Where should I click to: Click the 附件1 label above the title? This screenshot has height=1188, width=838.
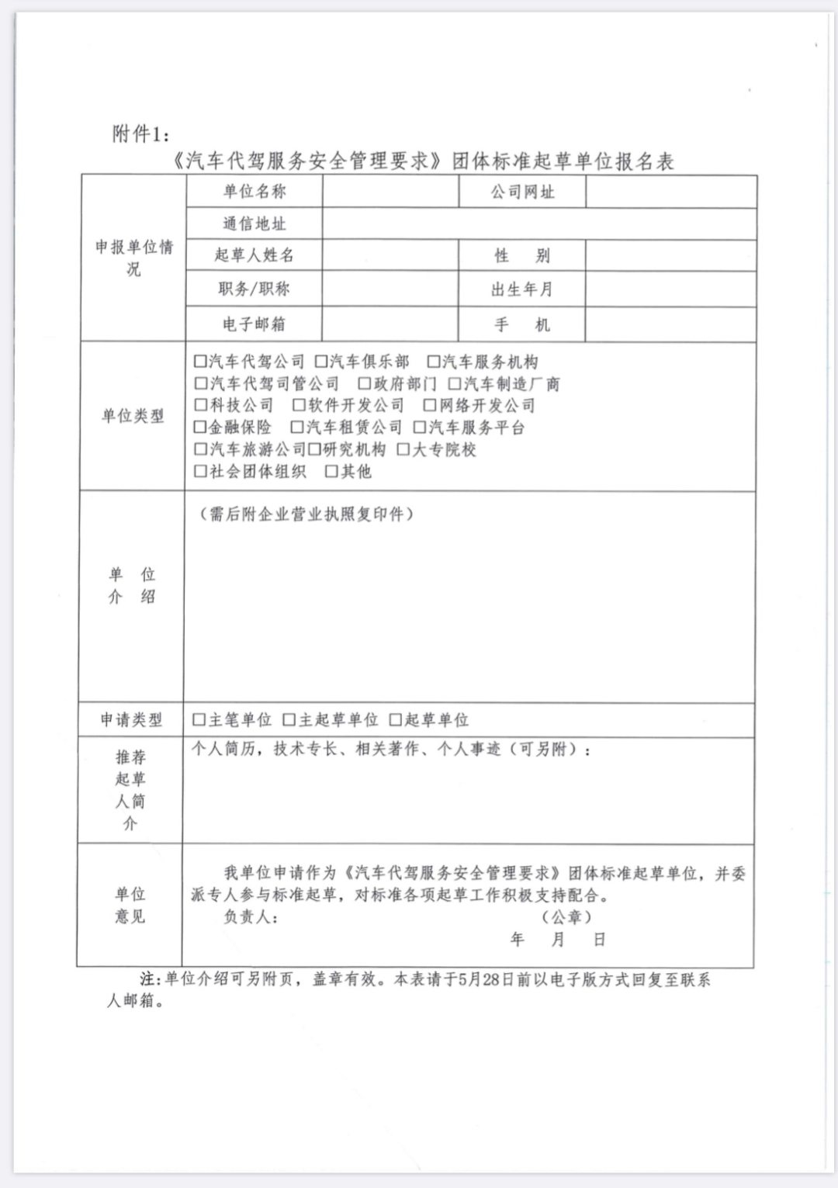coord(140,134)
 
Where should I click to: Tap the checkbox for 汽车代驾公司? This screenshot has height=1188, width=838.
coord(200,362)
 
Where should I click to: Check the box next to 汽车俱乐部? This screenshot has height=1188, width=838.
coord(321,362)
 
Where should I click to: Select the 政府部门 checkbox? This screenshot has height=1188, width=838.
coord(364,383)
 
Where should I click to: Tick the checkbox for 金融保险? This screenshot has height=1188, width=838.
coord(200,427)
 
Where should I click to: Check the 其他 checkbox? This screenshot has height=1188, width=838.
coord(331,471)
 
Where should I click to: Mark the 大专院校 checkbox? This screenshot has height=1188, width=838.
coord(403,449)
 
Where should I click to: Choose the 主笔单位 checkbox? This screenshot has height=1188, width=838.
coord(199,719)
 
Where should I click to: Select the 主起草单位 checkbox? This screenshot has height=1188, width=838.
coord(289,719)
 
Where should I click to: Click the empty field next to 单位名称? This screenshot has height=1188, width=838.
coord(390,192)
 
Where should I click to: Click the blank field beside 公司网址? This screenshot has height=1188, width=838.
coord(670,192)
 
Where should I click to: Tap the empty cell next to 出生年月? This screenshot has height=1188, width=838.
coord(670,289)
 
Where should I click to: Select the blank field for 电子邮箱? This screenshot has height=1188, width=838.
coord(390,324)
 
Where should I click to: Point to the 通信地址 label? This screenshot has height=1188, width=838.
coord(255,224)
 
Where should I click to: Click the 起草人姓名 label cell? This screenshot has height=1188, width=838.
coord(255,255)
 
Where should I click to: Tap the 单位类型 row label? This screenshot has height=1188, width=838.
coord(133,416)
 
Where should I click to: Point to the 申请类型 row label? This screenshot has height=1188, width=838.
coord(131,720)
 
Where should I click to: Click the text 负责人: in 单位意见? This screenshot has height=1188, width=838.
coord(251,917)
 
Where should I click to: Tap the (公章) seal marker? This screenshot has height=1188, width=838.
coord(567,917)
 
